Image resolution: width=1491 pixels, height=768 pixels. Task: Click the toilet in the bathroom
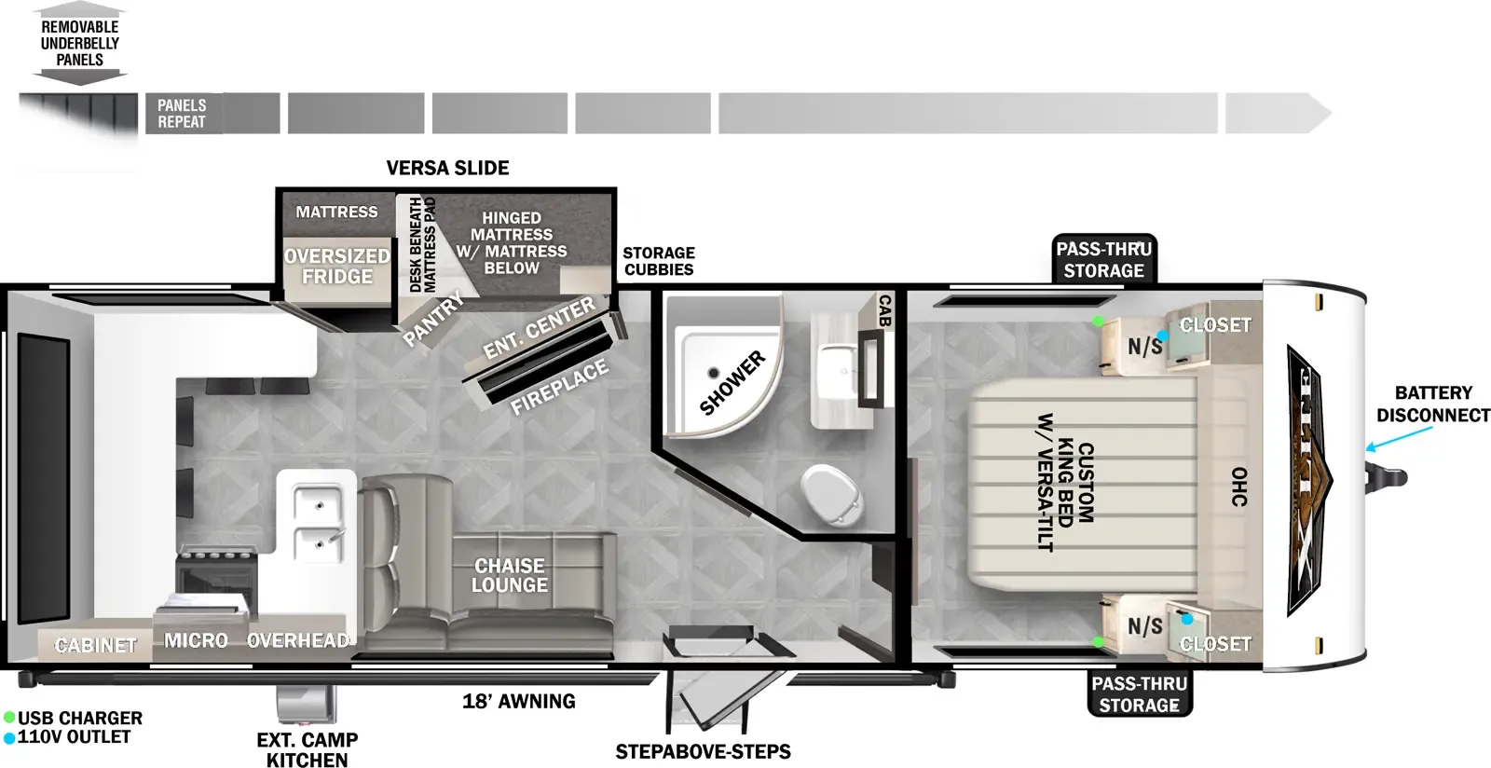[833, 495]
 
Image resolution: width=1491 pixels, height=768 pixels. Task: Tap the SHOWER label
[732, 383]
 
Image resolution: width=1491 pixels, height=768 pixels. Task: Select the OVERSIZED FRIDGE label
[336, 267]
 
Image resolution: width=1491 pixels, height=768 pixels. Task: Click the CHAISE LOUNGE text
[510, 575]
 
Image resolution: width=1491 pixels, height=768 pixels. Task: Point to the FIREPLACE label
[559, 386]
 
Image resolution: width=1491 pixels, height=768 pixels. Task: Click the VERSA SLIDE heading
[447, 168]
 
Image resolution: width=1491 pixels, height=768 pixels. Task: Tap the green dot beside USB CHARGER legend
[9, 718]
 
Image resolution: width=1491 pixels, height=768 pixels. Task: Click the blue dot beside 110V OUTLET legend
[9, 737]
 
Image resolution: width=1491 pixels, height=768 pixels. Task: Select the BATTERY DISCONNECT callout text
[1433, 404]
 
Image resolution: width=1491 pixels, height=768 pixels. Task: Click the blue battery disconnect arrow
[1398, 439]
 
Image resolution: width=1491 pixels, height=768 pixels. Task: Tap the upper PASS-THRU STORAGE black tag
[1103, 259]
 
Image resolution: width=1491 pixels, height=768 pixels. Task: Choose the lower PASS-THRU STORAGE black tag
[1140, 693]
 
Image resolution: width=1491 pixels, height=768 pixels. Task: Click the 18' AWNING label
[519, 701]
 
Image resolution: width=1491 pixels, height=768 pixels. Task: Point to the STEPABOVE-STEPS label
[703, 751]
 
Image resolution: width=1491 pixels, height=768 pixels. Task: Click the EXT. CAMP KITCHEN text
[308, 749]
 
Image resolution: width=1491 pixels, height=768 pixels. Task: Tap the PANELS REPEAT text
[182, 114]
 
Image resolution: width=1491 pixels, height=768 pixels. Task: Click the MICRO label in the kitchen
[196, 640]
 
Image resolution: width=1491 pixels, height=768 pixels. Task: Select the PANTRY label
[432, 320]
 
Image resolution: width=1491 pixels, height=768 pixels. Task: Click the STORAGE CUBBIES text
[659, 261]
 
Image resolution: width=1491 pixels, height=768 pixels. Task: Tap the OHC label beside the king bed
[1238, 487]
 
